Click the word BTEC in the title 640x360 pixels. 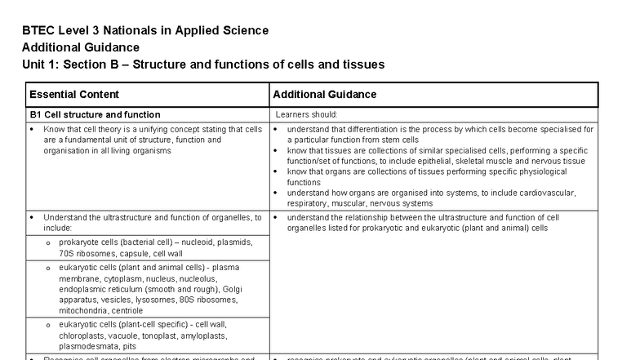(38, 31)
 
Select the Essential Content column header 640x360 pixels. (74, 95)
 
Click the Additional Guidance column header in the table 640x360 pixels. (325, 95)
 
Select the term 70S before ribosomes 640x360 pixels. (67, 253)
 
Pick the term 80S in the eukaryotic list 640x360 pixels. (176, 300)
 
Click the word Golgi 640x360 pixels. (220, 289)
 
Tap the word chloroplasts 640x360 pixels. (81, 336)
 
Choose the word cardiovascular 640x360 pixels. (549, 193)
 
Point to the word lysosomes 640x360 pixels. (144, 300)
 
